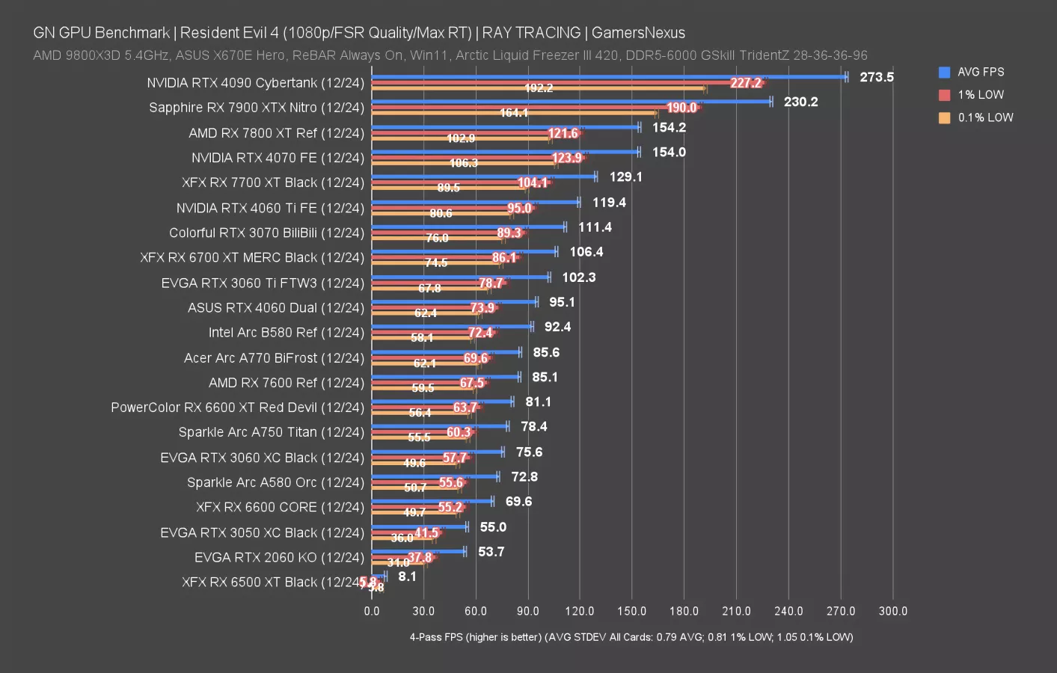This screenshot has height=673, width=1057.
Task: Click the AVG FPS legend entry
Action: (980, 72)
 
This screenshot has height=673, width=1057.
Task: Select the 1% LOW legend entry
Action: (980, 95)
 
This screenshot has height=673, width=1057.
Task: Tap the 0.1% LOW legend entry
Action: (985, 117)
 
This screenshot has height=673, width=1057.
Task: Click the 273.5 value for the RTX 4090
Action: (876, 77)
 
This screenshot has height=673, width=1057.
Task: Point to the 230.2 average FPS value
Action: (800, 102)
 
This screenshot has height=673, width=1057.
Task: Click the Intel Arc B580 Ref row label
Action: (286, 332)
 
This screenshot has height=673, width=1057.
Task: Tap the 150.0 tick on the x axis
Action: (631, 611)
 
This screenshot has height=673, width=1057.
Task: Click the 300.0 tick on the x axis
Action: (892, 611)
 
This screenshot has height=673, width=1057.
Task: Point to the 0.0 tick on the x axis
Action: (372, 611)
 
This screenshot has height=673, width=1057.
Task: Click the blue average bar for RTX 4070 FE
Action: (505, 152)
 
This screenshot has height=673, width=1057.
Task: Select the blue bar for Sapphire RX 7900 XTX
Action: (571, 102)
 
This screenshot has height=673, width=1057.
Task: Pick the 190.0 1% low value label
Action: (681, 108)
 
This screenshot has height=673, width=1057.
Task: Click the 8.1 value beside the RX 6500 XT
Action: (407, 577)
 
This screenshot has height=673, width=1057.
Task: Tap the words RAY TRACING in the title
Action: (531, 33)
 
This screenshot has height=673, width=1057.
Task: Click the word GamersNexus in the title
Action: (638, 33)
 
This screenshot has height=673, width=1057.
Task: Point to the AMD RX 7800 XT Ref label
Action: (276, 133)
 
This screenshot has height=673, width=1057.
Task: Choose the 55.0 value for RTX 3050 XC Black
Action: (493, 527)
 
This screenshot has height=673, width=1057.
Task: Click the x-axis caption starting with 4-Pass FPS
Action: (631, 637)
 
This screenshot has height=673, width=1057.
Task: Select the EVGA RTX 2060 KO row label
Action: (279, 557)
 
